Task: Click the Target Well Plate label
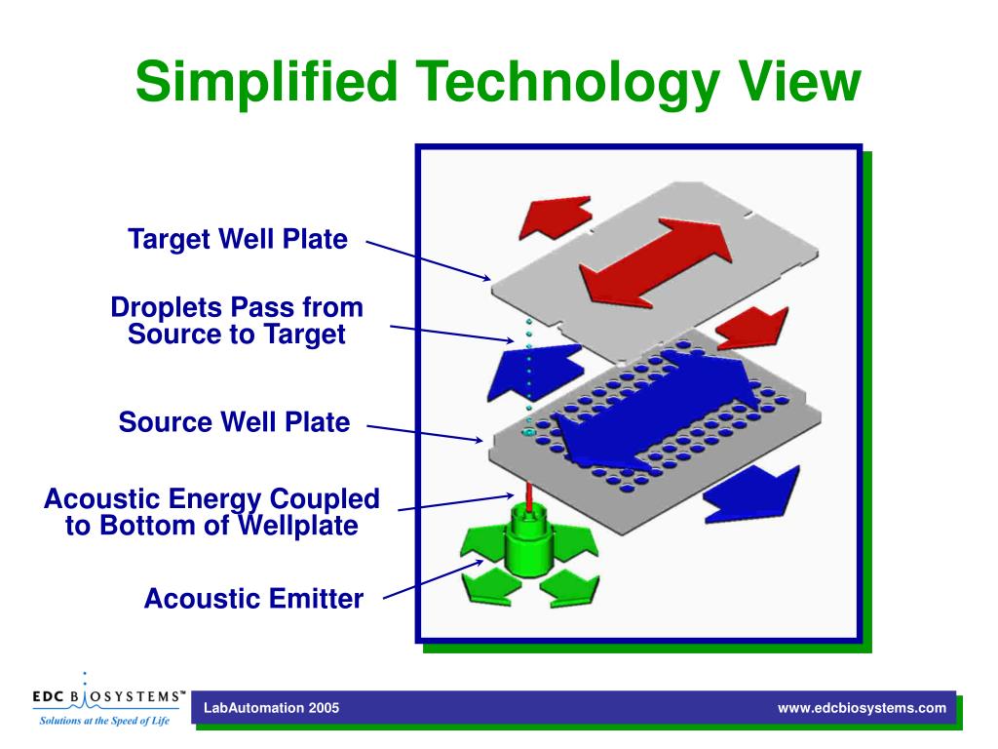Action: (x=237, y=239)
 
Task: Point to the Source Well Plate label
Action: (x=234, y=422)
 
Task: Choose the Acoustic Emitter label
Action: (x=253, y=598)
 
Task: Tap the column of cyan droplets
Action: (x=529, y=375)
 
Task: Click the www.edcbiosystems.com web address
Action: (x=862, y=708)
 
